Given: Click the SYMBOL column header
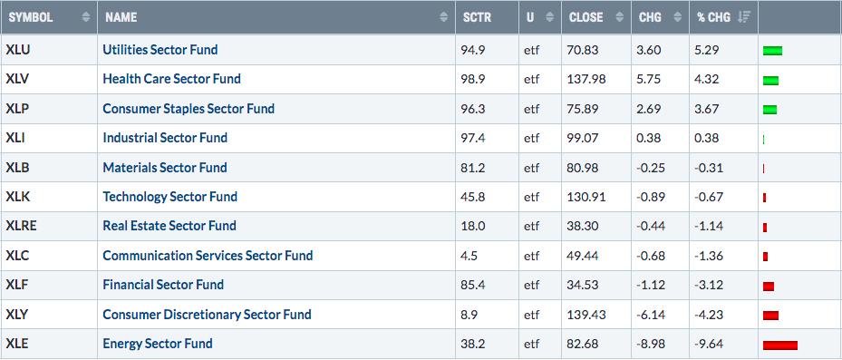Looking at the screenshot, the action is [31, 17].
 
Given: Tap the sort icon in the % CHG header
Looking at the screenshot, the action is [744, 17].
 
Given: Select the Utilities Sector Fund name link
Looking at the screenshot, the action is [160, 50].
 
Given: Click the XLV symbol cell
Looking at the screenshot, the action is [17, 79].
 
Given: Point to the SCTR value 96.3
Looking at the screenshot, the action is [473, 109].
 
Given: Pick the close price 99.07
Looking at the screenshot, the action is [583, 138].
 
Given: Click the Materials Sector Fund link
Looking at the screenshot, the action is [165, 167].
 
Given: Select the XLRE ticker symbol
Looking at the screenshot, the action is [22, 226].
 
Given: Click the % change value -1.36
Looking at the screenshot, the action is [708, 255].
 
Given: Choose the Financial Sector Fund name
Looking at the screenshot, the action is [163, 284].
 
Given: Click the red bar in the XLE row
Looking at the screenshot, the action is [779, 345].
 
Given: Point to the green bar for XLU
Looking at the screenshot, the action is [772, 51].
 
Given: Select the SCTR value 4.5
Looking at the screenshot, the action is [469, 255].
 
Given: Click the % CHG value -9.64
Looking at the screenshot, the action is [708, 343].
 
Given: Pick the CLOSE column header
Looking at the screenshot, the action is [586, 17].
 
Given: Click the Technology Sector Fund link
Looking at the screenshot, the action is [169, 197].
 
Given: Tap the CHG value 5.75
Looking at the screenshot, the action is [650, 79].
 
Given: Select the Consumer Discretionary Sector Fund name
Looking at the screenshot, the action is [207, 314].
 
